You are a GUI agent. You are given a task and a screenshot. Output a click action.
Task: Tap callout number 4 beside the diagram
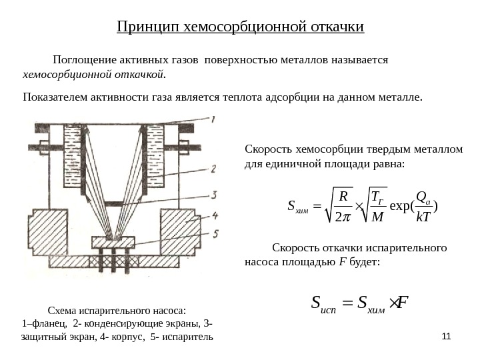pyautogui.click(x=215, y=215)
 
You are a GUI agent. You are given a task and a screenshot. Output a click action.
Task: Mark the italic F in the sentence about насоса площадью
pyautogui.click(x=341, y=262)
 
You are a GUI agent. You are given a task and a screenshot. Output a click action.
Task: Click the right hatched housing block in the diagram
pyautogui.click(x=181, y=227)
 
